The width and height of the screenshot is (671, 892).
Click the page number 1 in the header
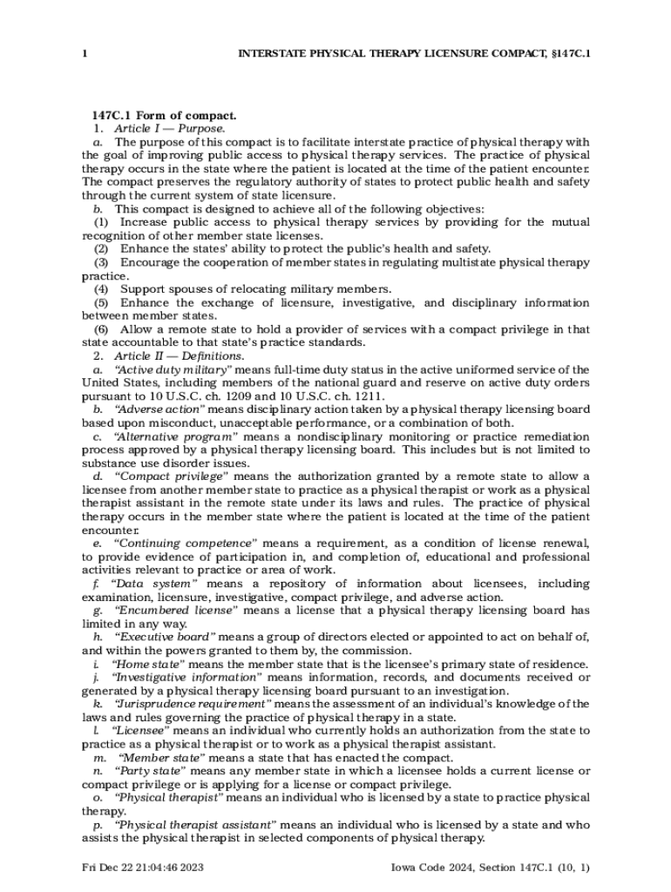(85, 54)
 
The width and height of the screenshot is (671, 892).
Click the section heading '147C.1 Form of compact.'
(165, 115)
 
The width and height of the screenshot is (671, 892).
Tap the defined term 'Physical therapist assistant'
(195, 824)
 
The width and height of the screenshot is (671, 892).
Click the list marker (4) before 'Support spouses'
(101, 289)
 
